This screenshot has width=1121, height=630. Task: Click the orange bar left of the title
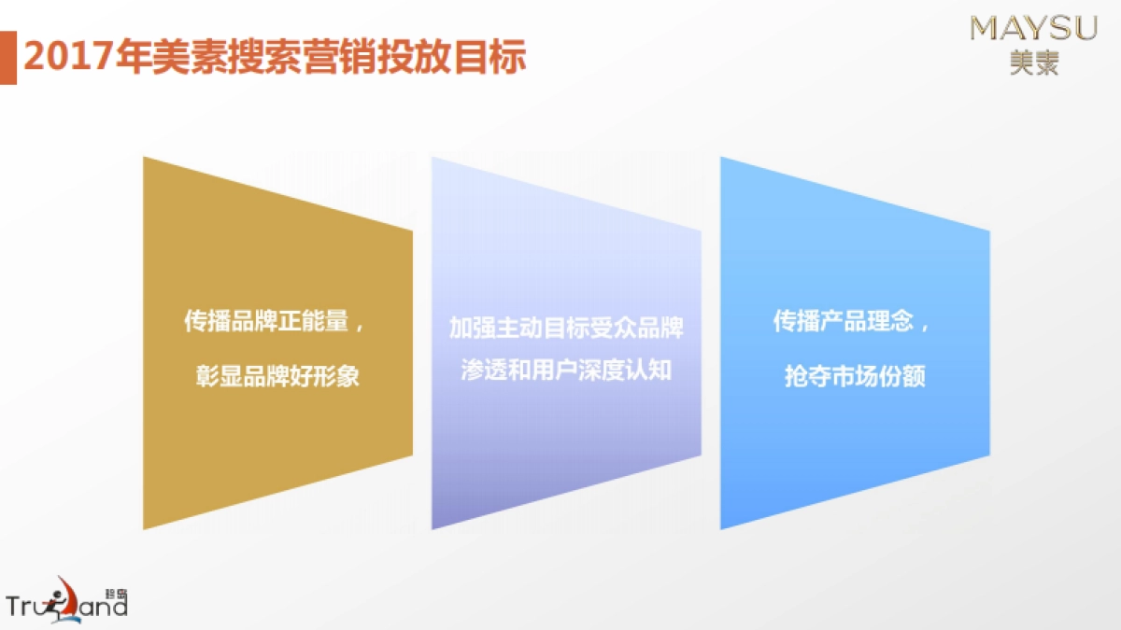click(7, 57)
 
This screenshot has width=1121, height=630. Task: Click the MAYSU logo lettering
click(1033, 28)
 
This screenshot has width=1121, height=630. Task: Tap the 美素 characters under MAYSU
click(1034, 62)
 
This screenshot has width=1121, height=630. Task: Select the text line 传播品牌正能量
click(265, 323)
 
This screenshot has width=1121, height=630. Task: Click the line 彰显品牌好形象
click(277, 378)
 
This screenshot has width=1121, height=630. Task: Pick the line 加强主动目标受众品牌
click(566, 329)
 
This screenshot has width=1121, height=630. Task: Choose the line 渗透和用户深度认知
click(566, 370)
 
